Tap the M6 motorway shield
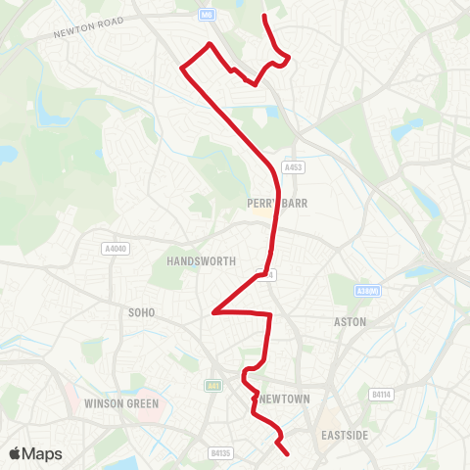(206, 14)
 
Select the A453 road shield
(292, 167)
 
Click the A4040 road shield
(115, 250)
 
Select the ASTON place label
(350, 321)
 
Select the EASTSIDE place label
(344, 432)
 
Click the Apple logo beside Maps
(16, 453)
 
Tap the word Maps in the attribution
(43, 453)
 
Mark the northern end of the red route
(264, 17)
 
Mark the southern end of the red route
(287, 454)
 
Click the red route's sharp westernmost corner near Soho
(212, 313)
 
